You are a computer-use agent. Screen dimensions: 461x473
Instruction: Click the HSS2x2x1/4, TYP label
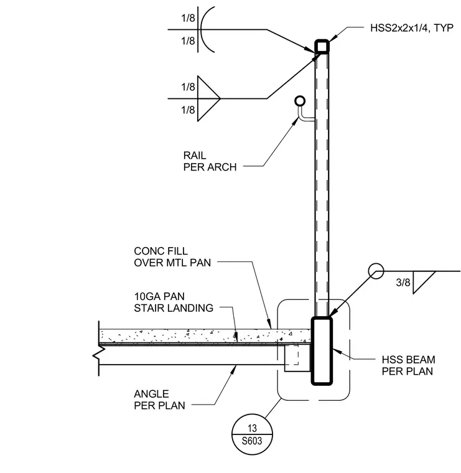pos(412,28)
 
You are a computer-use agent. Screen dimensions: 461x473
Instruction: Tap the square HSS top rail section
pos(322,47)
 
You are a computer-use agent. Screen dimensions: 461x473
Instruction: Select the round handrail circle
pos(300,101)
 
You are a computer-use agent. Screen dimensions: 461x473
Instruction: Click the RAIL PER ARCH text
pos(210,161)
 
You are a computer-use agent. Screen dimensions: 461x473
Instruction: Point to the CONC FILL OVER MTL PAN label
pos(172,256)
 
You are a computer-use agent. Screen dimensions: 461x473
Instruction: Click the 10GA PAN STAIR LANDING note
pos(174,302)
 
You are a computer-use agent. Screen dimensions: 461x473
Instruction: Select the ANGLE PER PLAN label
pos(159,400)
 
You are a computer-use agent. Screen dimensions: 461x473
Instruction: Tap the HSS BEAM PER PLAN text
pos(409,365)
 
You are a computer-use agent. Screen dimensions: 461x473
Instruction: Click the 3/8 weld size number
pos(403,283)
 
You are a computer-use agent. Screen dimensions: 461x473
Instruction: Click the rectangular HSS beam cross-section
pos(322,351)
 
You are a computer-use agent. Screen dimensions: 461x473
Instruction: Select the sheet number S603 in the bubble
pos(252,441)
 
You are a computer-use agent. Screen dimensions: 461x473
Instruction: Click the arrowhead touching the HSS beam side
pos(337,351)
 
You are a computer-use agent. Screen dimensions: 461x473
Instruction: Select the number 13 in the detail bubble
pos(252,428)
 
